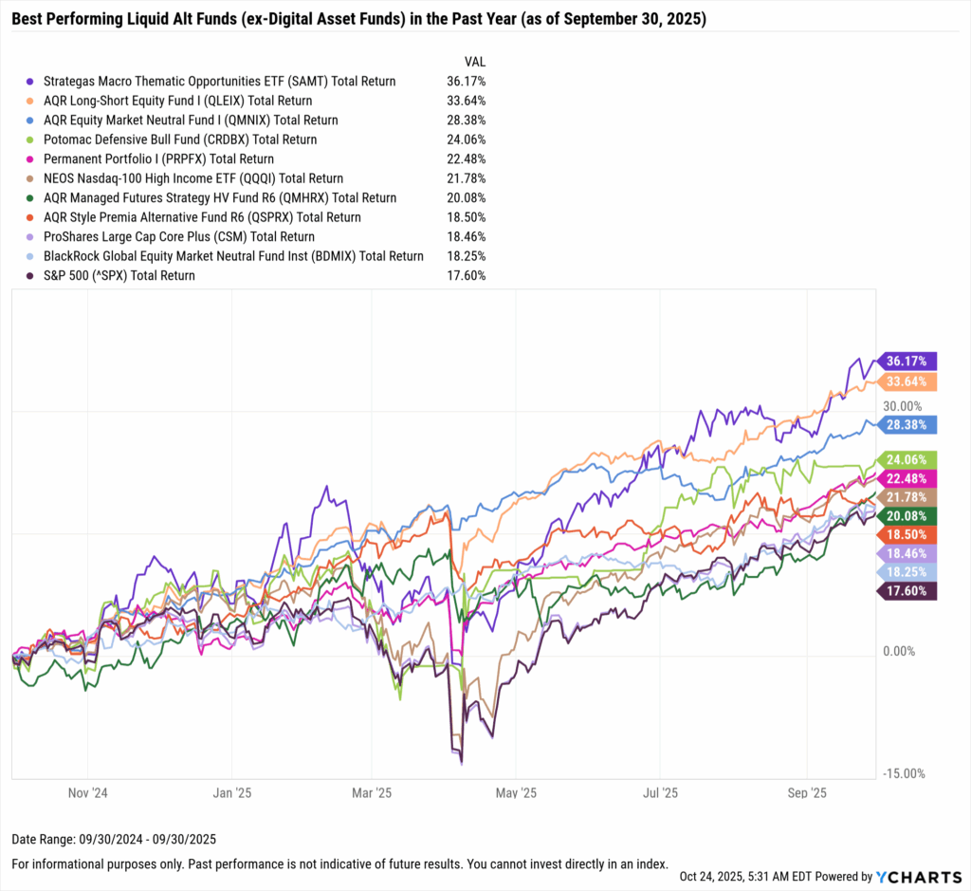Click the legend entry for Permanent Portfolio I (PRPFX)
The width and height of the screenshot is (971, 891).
[x=158, y=159]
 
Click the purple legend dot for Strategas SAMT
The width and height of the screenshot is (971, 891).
[x=33, y=82]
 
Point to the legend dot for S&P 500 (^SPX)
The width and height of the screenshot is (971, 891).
[x=33, y=275]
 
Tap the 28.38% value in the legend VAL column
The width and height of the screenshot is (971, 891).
[x=466, y=121]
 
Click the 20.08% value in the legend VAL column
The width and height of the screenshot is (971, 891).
[x=466, y=197]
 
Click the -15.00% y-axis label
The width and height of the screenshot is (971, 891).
[x=903, y=773]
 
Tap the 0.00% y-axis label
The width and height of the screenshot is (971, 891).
[x=900, y=651]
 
